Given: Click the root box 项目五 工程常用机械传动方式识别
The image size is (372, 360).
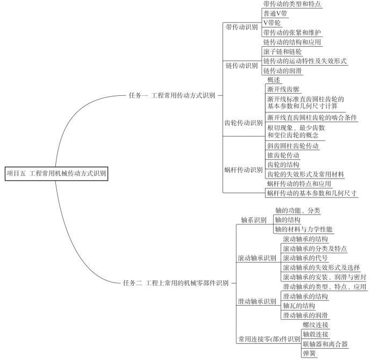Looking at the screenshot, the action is pyautogui.click(x=56, y=174).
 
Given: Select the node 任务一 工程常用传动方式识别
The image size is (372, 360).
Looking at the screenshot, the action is pyautogui.click(x=172, y=95).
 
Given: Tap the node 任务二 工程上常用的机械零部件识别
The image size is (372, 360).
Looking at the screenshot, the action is pyautogui.click(x=176, y=283).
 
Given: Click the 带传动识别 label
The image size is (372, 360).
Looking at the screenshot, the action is pyautogui.click(x=241, y=27).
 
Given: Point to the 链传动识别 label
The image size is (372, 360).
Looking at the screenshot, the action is pyautogui.click(x=241, y=66).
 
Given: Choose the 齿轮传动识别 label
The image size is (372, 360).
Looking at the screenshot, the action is pyautogui.click(x=244, y=123).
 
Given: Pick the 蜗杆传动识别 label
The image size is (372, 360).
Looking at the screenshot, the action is pyautogui.click(x=244, y=170).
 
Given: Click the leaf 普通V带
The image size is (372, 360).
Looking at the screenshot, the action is pyautogui.click(x=275, y=13).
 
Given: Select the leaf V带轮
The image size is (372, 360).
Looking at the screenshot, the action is pyautogui.click(x=272, y=23).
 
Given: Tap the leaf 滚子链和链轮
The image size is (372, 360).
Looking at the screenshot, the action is pyautogui.click(x=282, y=52).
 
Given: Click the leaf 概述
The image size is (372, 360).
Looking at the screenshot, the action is pyautogui.click(x=274, y=80).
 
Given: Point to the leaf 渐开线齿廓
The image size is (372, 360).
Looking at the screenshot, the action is pyautogui.click(x=283, y=89).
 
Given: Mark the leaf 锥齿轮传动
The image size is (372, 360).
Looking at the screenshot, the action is pyautogui.click(x=283, y=156).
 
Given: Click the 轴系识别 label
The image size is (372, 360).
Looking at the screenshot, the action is pyautogui.click(x=254, y=220).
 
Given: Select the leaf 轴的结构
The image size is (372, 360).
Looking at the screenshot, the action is pyautogui.click(x=288, y=220).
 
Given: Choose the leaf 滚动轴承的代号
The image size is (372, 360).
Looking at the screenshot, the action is pyautogui.click(x=305, y=258).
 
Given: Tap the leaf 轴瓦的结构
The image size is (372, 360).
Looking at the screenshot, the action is pyautogui.click(x=299, y=306).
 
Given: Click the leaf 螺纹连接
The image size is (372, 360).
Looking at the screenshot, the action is pyautogui.click(x=316, y=324).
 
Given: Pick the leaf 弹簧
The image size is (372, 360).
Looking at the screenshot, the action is pyautogui.click(x=309, y=354).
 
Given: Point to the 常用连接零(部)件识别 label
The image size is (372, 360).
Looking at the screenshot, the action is pyautogui.click(x=269, y=339).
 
